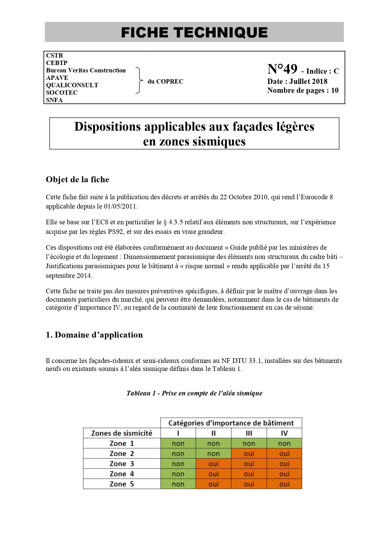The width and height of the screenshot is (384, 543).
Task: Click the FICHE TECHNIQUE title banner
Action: (x=194, y=32)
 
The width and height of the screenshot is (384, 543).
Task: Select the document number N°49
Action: (x=282, y=69)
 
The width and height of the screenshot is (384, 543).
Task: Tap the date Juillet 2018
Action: (x=308, y=81)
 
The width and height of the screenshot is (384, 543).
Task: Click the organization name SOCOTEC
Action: (x=62, y=93)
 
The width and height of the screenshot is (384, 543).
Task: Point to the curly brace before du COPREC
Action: (x=140, y=80)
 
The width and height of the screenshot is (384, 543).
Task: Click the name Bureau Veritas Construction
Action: (x=86, y=70)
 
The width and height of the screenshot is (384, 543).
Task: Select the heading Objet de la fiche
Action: (x=77, y=179)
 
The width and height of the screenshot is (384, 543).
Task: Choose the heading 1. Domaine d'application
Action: (x=94, y=335)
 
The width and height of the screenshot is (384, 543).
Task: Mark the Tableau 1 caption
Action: (x=194, y=393)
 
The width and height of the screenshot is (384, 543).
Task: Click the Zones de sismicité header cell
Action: (x=122, y=433)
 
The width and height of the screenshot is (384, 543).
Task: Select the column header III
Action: (x=249, y=433)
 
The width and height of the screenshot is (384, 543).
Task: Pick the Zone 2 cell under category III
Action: (x=249, y=454)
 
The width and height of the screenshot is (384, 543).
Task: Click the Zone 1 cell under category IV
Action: (x=284, y=443)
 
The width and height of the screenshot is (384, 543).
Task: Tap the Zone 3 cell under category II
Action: (x=214, y=464)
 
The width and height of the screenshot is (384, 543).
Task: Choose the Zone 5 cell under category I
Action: (x=178, y=484)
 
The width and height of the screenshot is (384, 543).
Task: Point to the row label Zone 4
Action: (x=122, y=474)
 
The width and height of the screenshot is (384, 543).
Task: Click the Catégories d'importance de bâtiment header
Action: (x=231, y=423)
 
